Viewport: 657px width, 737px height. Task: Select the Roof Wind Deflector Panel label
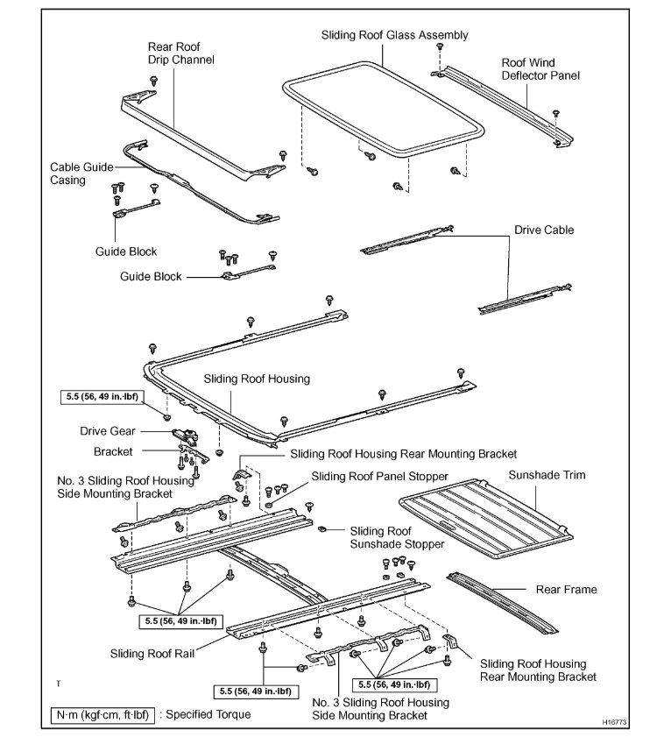pyautogui.click(x=540, y=69)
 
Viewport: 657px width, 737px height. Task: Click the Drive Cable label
pyautogui.click(x=544, y=230)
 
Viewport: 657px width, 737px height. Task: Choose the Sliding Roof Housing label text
pyautogui.click(x=257, y=379)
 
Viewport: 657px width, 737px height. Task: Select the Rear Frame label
pyautogui.click(x=567, y=590)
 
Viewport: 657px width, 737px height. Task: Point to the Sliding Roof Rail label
pyautogui.click(x=152, y=652)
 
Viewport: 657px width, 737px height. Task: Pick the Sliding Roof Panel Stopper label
pyautogui.click(x=379, y=476)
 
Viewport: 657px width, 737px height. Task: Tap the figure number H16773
pyautogui.click(x=617, y=723)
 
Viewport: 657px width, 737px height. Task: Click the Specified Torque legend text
pyautogui.click(x=204, y=714)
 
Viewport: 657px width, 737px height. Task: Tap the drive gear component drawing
pyautogui.click(x=187, y=434)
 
